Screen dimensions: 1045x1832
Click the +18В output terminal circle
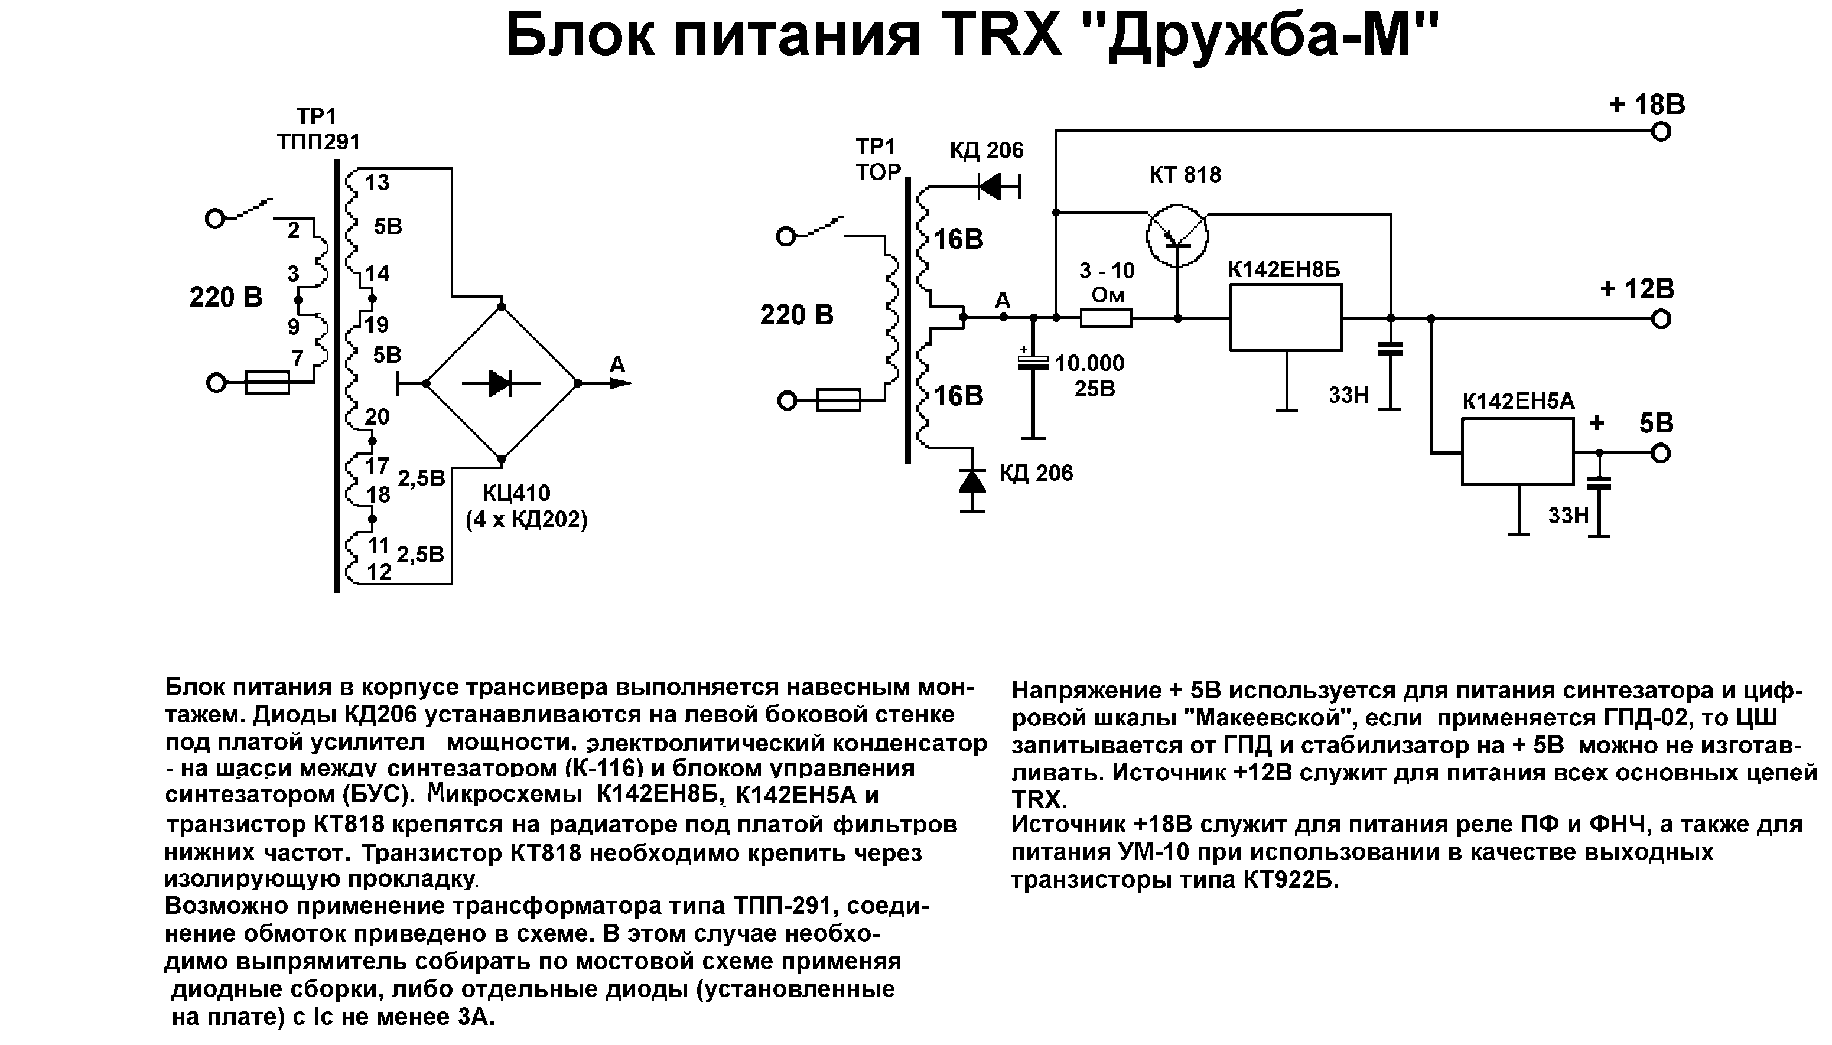click(x=1661, y=132)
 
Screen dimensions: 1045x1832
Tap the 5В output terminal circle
click(x=1661, y=453)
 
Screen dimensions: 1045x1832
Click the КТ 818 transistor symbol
click(x=1177, y=236)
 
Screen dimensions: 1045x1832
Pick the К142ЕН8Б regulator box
click(x=1285, y=317)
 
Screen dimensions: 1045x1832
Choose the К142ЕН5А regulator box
click(x=1518, y=452)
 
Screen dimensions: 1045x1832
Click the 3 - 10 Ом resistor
click(x=1106, y=317)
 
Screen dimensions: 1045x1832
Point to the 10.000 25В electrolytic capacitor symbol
click(x=1033, y=363)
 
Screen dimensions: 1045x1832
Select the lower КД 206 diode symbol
click(x=972, y=480)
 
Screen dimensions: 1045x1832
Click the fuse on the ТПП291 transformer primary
click(x=267, y=383)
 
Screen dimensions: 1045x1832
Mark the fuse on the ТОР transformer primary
click(x=838, y=400)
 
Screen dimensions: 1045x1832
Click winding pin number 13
click(x=377, y=183)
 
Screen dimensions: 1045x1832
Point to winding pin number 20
click(x=377, y=416)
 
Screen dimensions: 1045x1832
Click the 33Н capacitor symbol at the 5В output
click(x=1598, y=484)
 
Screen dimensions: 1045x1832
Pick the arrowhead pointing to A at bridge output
click(x=620, y=383)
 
